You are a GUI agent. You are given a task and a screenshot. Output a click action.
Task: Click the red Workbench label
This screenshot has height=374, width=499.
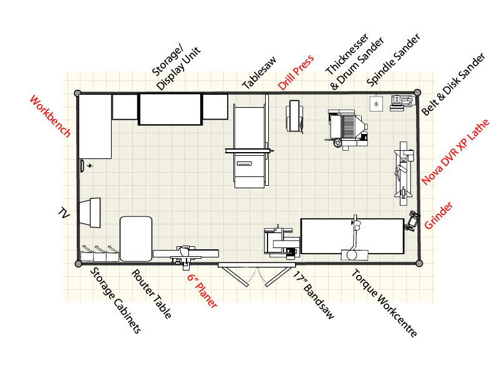[x=50, y=117]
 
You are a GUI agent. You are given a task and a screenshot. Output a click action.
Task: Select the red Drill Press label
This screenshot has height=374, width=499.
[x=296, y=72]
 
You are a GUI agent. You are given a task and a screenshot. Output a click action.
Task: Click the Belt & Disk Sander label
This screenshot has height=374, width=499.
[x=453, y=85]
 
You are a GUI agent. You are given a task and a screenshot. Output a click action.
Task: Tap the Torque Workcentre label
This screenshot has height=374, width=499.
[x=384, y=303]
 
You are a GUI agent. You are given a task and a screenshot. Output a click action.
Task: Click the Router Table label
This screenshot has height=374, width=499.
[x=151, y=294]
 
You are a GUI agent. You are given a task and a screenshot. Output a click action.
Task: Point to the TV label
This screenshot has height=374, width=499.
[x=63, y=213]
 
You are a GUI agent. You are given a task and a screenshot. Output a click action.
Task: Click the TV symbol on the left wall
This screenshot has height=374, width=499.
[x=90, y=213]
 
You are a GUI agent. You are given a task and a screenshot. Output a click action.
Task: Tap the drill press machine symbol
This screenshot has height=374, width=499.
[x=295, y=117]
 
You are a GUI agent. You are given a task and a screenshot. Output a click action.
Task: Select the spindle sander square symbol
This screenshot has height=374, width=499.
[x=375, y=103]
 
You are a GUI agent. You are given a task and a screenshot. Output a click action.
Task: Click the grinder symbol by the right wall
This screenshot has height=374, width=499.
[x=412, y=220]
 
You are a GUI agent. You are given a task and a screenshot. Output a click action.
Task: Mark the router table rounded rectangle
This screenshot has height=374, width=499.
[x=136, y=238]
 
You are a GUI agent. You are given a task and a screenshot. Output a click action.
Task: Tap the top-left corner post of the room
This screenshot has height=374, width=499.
[x=77, y=93]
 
